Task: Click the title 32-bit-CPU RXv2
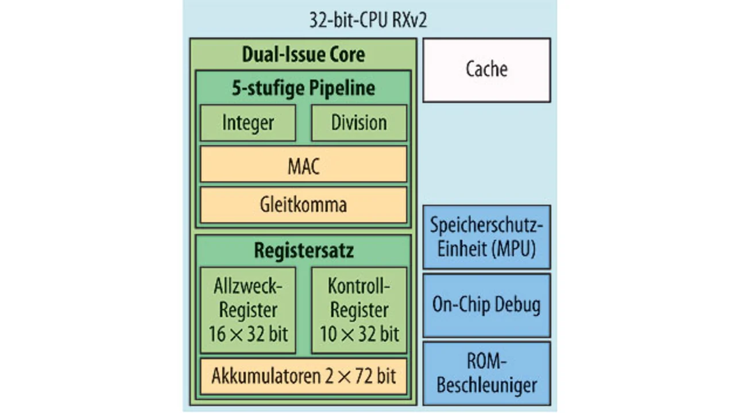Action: (368, 21)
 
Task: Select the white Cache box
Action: (486, 70)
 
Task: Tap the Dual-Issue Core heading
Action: (303, 55)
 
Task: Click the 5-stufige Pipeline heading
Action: (303, 88)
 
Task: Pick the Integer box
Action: (248, 122)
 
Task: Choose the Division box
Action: (359, 122)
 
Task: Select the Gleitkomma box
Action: (303, 204)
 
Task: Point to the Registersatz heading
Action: (303, 251)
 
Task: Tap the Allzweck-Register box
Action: (248, 310)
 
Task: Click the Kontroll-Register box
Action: (359, 310)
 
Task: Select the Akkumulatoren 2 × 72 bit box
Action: (303, 376)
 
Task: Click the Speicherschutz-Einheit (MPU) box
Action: (486, 237)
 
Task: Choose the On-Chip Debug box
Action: (486, 304)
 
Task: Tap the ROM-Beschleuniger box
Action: (486, 373)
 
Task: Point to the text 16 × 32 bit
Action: (248, 334)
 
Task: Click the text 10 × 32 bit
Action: (359, 334)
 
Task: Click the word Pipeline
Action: (342, 88)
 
